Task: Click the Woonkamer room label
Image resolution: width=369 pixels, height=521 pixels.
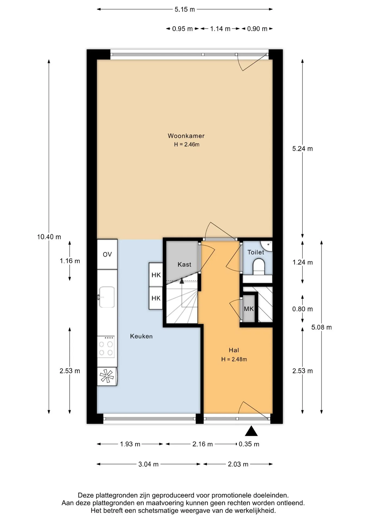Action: tap(186, 136)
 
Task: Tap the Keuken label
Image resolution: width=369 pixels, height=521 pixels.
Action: tap(141, 336)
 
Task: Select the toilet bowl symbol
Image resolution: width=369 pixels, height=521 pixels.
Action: tap(259, 266)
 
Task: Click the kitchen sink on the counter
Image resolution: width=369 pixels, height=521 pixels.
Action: tap(107, 297)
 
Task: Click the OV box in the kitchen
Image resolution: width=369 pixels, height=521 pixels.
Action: tap(107, 254)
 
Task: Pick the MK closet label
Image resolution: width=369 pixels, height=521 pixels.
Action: tap(249, 309)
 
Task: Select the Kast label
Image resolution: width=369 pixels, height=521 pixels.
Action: tap(184, 264)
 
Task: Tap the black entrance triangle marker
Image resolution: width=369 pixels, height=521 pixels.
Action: tap(251, 431)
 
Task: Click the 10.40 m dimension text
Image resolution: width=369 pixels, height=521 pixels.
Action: tap(49, 237)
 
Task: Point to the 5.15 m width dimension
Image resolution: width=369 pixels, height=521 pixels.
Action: tap(185, 9)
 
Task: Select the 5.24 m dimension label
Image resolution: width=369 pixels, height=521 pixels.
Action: tap(302, 149)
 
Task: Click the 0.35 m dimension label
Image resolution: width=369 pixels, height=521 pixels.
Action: tap(249, 444)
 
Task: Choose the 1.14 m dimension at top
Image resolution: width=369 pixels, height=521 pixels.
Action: tap(220, 29)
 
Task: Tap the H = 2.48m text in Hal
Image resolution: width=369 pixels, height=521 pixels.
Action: tap(234, 359)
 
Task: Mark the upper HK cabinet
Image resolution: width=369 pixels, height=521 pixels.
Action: tap(156, 275)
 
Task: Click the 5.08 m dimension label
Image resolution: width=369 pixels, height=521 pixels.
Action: tap(321, 327)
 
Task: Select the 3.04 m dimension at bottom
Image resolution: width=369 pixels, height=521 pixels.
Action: tap(148, 464)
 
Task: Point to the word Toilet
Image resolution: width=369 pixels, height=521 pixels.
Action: tap(256, 252)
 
